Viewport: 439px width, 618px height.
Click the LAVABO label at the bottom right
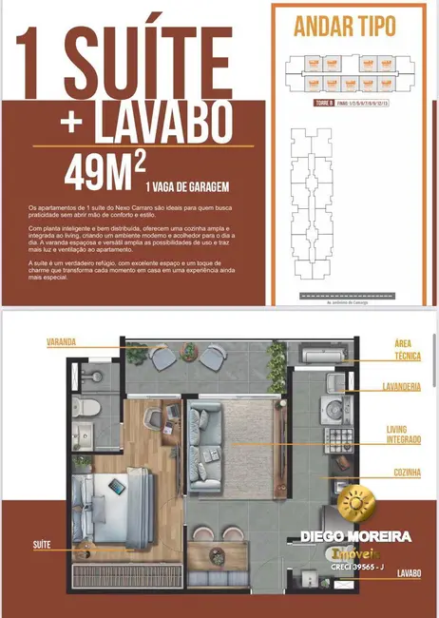point(410,573)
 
